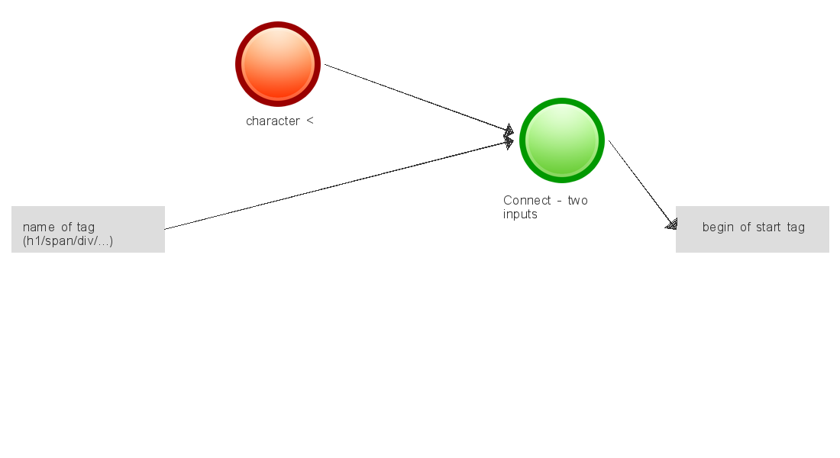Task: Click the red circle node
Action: [277, 64]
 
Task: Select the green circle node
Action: [562, 140]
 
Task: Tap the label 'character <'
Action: [279, 121]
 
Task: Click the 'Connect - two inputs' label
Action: [545, 208]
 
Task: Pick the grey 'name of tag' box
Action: [88, 229]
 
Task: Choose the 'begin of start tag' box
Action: [752, 229]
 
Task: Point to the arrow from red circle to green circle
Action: [416, 97]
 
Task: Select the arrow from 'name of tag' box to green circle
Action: [336, 185]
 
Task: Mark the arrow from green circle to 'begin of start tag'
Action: [641, 183]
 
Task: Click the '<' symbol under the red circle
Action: [309, 121]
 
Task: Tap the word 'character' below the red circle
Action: [273, 121]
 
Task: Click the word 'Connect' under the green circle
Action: [527, 201]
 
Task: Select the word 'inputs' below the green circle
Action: [520, 214]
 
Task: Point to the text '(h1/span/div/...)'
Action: [68, 241]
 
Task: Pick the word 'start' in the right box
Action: [770, 227]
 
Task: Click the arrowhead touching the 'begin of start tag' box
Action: [672, 224]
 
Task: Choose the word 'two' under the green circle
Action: [577, 201]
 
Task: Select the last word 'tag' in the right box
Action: [796, 227]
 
